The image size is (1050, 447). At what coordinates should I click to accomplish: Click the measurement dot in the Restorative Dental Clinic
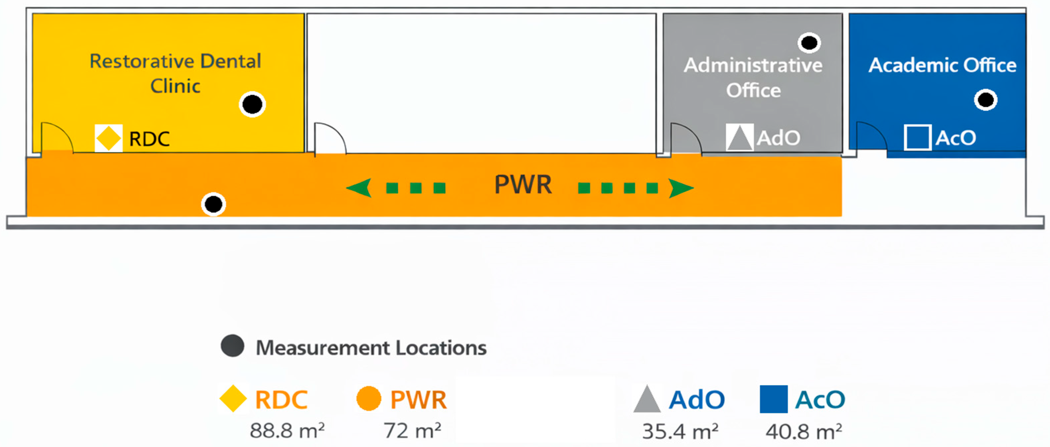[x=252, y=104]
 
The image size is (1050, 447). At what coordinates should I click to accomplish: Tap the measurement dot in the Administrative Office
[x=809, y=43]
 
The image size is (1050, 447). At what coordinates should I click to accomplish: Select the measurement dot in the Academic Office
[x=986, y=100]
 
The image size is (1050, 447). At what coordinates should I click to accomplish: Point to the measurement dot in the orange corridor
[x=213, y=204]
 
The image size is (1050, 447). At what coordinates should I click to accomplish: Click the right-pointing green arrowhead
[x=680, y=188]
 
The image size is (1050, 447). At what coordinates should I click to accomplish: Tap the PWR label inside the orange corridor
[x=523, y=184]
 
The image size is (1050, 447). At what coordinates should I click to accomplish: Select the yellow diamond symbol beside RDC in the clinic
[x=109, y=138]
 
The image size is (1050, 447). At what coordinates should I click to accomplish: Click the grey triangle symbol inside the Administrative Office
[x=739, y=137]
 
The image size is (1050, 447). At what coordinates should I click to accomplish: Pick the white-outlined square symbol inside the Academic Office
[x=917, y=137]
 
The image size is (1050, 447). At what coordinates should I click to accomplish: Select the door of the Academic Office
[x=871, y=137]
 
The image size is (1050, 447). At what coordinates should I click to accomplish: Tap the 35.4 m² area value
[x=680, y=431]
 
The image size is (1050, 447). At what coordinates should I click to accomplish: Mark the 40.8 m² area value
[x=803, y=431]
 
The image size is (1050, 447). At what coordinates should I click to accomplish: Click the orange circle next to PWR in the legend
[x=368, y=399]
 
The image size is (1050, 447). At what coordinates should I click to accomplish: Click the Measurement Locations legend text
[x=371, y=348]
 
